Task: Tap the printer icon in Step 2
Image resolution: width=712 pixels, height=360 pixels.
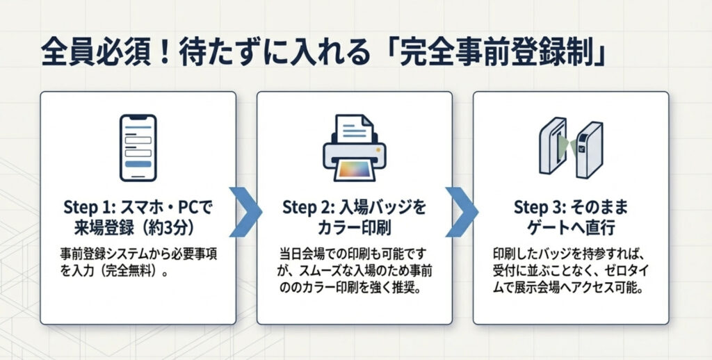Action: [353, 147]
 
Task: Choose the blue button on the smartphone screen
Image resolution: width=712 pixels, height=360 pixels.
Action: [140, 163]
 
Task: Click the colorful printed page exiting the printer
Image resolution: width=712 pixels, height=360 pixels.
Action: [353, 168]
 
